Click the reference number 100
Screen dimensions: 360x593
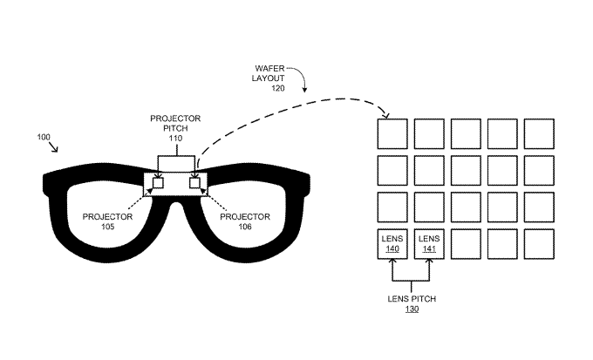pos(44,137)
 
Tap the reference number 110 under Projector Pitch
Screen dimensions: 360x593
pos(177,138)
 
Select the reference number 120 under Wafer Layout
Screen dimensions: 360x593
pos(279,88)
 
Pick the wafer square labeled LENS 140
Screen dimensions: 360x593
pos(392,243)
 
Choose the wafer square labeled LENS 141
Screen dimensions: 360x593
pos(428,243)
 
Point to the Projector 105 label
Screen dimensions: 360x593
pos(107,221)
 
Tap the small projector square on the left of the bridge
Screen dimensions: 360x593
pos(159,184)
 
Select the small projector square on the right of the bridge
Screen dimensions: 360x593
pos(194,184)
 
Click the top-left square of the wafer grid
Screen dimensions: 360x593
pos(392,133)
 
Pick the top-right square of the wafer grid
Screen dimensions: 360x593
pos(538,133)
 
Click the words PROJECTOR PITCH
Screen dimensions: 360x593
pos(177,122)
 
